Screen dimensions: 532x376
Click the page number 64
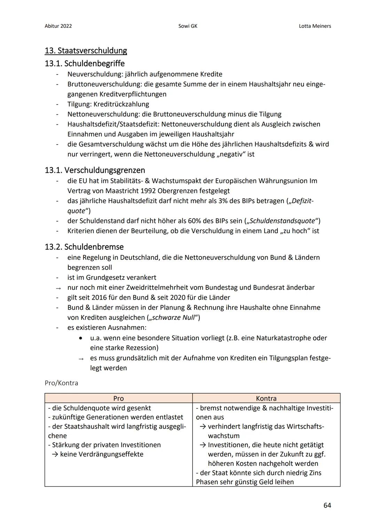pyautogui.click(x=327, y=505)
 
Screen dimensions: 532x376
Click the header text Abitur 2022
pyautogui.click(x=58, y=26)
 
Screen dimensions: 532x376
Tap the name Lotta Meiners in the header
pyautogui.click(x=315, y=26)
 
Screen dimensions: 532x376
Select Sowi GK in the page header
pyautogui.click(x=188, y=26)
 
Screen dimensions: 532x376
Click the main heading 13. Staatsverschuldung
pyautogui.click(x=86, y=51)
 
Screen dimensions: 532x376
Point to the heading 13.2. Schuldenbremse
pyautogui.click(x=84, y=247)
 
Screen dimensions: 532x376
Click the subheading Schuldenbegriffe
pyautogui.click(x=94, y=63)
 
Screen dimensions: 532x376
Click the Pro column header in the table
pyautogui.click(x=118, y=398)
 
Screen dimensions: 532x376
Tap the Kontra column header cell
pyautogui.click(x=266, y=398)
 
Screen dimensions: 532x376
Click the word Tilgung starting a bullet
pyautogui.click(x=79, y=104)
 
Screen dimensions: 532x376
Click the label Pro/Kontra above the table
pyautogui.click(x=61, y=383)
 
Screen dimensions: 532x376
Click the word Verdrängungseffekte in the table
pyautogui.click(x=102, y=454)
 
